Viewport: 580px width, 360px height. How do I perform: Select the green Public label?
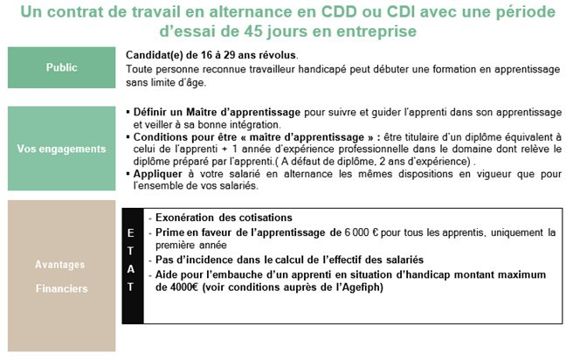pos(60,66)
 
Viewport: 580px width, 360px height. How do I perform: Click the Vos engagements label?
pos(60,149)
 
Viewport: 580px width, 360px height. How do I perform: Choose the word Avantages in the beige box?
pos(60,263)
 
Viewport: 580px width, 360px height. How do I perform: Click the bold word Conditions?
pos(163,138)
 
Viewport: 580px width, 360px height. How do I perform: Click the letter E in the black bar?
pos(131,232)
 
